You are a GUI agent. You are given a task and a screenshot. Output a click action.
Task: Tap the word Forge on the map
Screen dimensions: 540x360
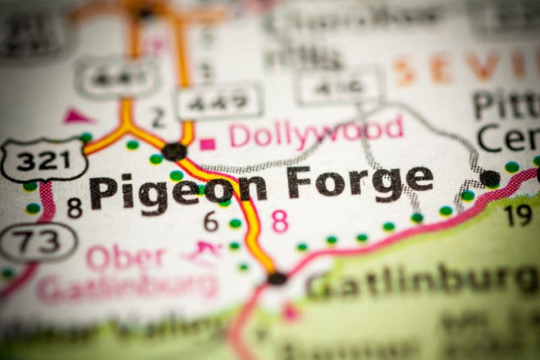click(360, 182)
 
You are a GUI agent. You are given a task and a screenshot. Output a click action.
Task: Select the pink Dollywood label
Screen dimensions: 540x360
click(316, 132)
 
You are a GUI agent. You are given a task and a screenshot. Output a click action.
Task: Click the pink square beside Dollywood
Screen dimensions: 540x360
click(207, 144)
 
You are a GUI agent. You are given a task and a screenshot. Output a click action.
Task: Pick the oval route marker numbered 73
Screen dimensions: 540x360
click(38, 242)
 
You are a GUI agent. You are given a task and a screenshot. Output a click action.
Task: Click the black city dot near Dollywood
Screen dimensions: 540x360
click(174, 151)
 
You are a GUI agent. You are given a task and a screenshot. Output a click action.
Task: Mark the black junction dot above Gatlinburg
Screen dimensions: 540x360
click(277, 278)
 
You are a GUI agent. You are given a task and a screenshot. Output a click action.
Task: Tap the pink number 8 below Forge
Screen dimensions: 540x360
click(280, 221)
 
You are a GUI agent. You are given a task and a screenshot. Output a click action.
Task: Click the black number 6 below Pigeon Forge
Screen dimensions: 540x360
click(211, 221)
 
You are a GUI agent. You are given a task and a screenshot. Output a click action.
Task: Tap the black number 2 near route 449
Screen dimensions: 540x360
click(158, 117)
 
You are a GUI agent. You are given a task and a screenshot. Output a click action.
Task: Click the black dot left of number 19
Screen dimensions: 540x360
click(490, 178)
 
